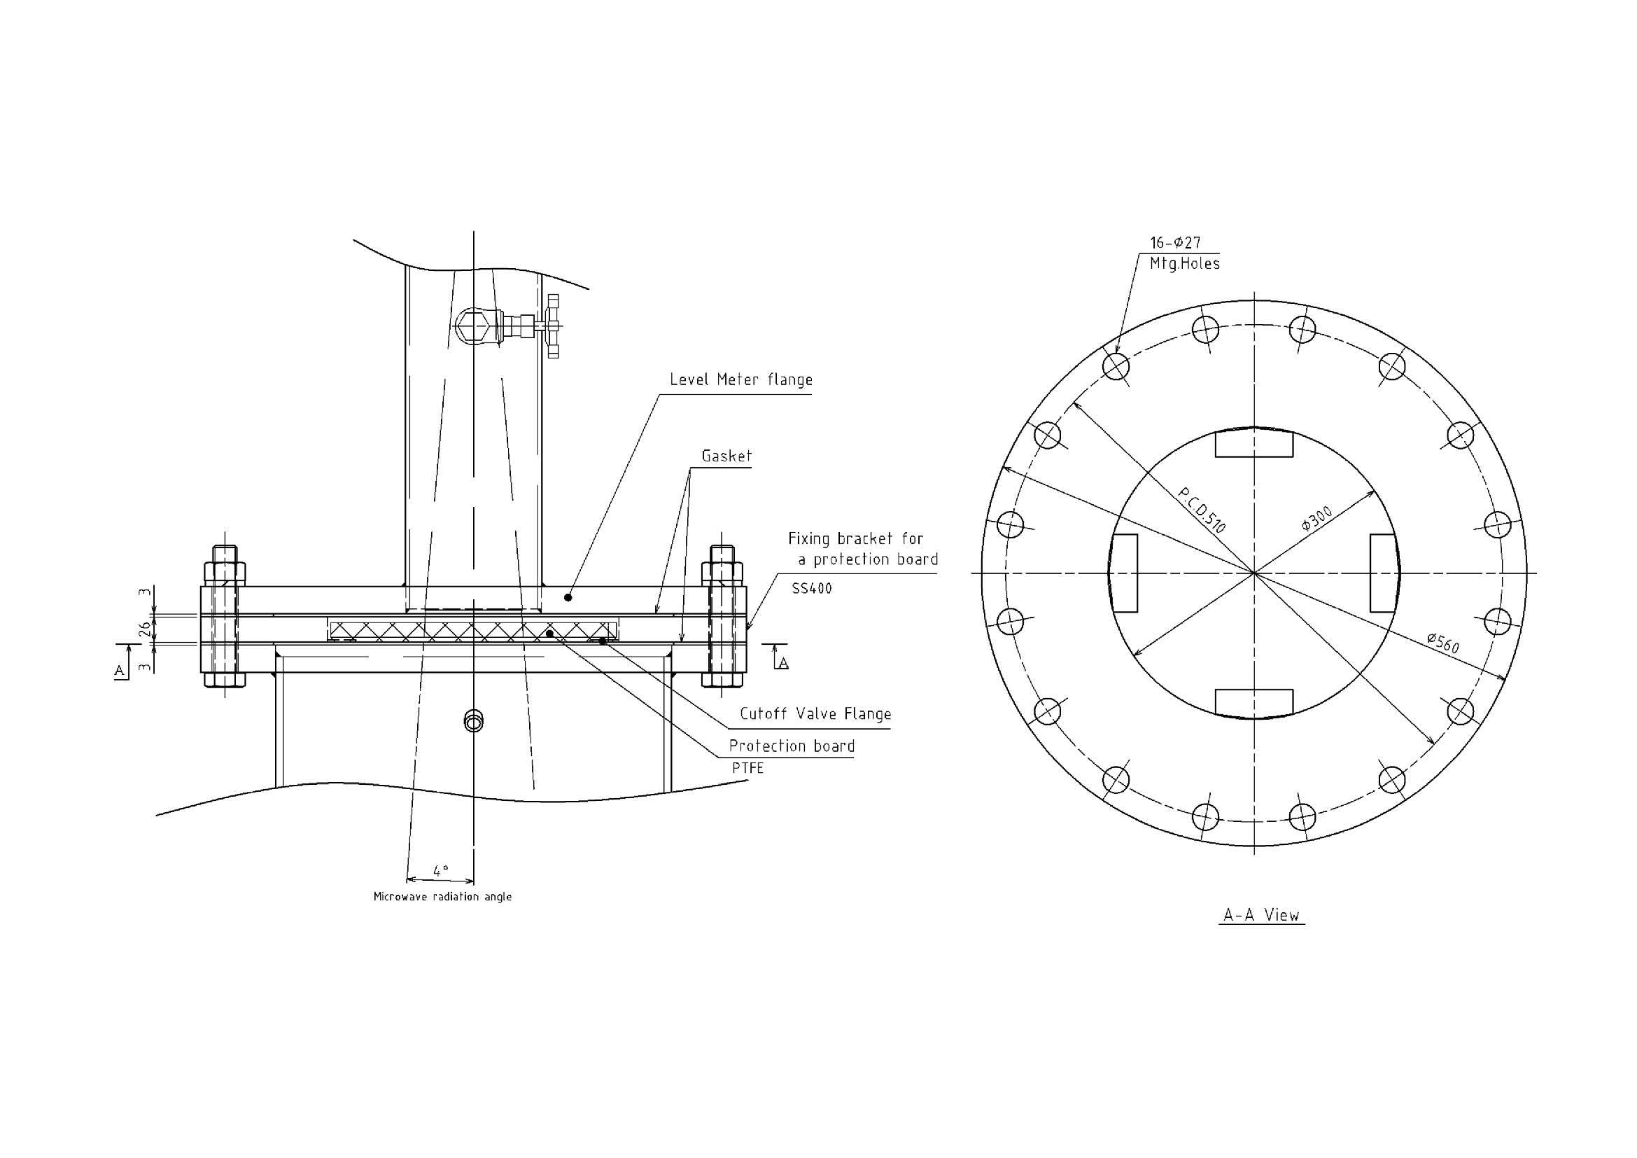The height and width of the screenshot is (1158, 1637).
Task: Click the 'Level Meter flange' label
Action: click(740, 379)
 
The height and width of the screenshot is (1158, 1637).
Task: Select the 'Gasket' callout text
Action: click(726, 456)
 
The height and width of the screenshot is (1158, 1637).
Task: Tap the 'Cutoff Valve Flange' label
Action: click(815, 713)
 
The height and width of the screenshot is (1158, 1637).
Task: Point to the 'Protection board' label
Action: click(792, 746)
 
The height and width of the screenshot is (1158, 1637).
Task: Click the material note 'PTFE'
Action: click(748, 768)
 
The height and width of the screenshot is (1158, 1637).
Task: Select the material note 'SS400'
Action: click(811, 589)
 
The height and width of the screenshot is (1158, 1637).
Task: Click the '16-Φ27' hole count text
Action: click(1175, 242)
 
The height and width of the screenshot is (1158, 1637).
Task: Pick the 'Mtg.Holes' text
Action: click(1184, 264)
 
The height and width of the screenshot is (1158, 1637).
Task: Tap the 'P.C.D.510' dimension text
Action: click(1202, 510)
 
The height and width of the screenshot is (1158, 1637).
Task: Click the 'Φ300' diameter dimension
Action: click(1316, 518)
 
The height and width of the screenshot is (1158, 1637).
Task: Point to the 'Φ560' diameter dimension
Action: click(1443, 643)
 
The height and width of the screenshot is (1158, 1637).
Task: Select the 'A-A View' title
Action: click(1261, 915)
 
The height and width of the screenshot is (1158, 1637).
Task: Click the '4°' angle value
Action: click(442, 871)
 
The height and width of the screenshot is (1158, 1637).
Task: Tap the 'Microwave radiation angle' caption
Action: click(443, 896)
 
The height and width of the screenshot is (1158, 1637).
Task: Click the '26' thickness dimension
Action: click(145, 628)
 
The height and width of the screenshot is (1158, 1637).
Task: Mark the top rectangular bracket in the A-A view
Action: click(1253, 442)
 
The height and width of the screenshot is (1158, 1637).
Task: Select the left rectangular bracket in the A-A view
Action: click(1124, 573)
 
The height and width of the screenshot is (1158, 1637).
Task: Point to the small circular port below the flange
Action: click(472, 721)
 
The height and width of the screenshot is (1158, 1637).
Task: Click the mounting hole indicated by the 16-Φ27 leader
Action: click(1116, 366)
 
